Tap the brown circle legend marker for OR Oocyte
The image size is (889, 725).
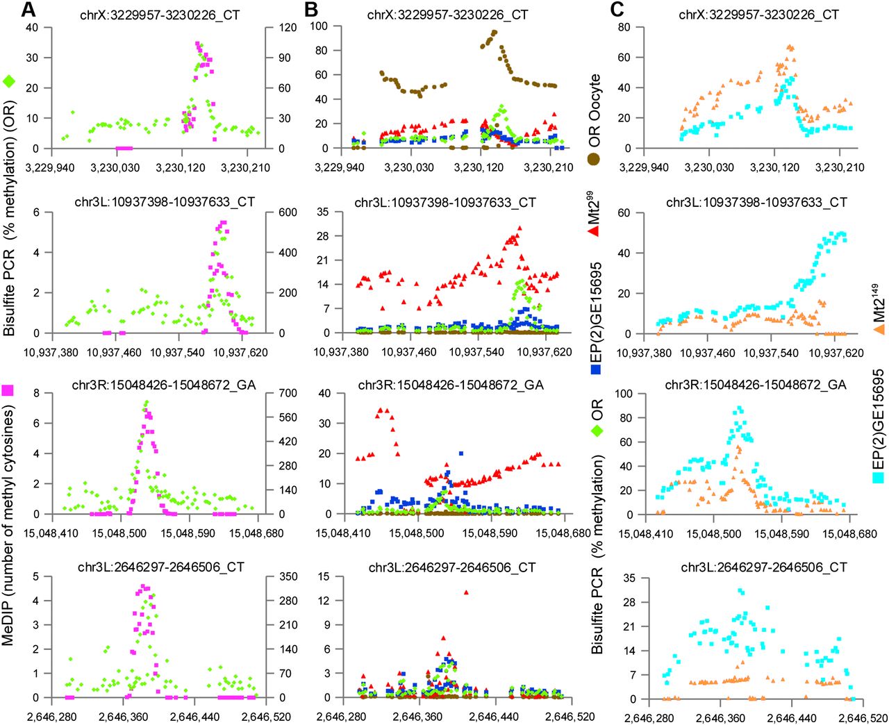click(x=595, y=159)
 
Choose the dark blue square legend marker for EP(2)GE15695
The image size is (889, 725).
click(x=595, y=370)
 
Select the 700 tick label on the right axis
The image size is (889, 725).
click(x=287, y=393)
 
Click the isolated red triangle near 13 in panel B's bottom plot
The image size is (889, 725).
click(x=466, y=592)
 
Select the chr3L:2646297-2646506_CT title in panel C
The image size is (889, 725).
click(x=763, y=567)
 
